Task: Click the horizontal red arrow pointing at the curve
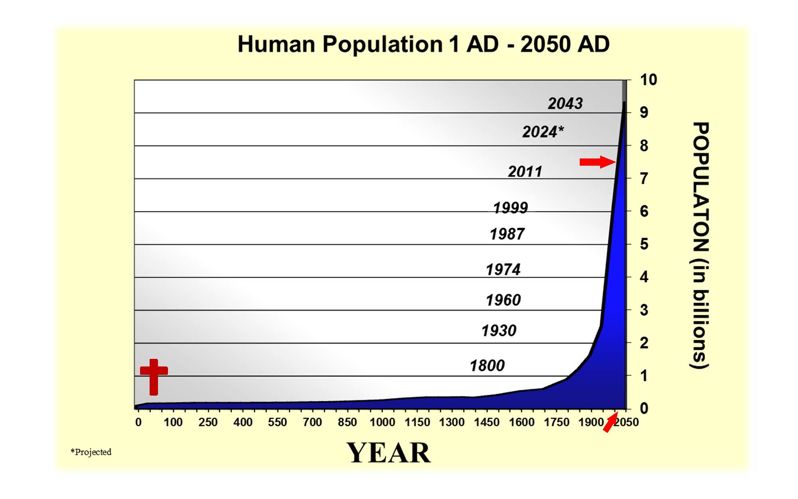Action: [x=597, y=162]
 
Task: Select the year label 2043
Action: [x=565, y=103]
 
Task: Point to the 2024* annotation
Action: [x=543, y=131]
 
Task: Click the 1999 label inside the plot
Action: [x=510, y=208]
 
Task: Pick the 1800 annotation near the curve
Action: [x=487, y=365]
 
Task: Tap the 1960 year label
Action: [x=503, y=300]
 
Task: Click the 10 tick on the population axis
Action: [x=648, y=80]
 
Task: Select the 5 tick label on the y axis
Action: [x=644, y=244]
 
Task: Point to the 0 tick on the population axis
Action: [x=644, y=408]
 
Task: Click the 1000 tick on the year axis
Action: [x=382, y=422]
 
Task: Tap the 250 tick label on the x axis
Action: [x=208, y=422]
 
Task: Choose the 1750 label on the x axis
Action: [x=557, y=422]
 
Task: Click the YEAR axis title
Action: [x=389, y=453]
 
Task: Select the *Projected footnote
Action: [x=91, y=452]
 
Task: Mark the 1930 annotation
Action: [x=499, y=331]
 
